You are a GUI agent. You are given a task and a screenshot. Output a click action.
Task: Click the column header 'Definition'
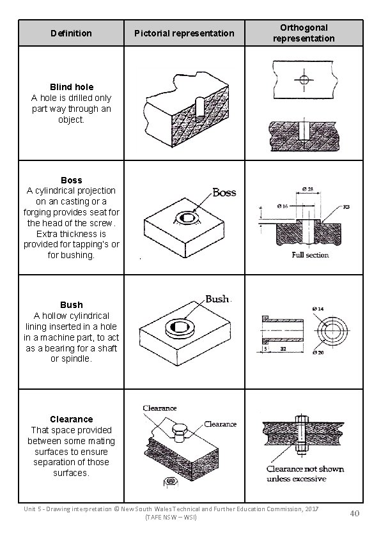71,33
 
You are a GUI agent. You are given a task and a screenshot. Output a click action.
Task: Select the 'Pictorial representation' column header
184,33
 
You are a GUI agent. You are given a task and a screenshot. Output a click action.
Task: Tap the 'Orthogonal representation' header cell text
303,33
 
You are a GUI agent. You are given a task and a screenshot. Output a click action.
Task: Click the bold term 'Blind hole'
71,87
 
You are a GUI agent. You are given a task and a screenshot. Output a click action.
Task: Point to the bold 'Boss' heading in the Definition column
71,180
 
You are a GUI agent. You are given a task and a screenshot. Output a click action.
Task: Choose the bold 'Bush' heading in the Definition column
71,305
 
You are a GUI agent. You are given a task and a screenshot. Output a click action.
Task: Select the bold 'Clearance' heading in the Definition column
71,419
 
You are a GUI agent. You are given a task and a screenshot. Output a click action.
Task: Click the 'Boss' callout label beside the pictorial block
224,192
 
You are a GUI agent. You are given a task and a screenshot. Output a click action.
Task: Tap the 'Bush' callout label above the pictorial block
217,299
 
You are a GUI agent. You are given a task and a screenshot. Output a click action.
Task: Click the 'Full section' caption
310,255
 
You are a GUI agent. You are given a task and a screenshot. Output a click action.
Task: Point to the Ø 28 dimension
309,188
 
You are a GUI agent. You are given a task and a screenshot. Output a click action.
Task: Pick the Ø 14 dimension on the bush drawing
336,309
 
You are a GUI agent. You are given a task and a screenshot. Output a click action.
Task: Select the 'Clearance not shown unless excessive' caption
304,473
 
